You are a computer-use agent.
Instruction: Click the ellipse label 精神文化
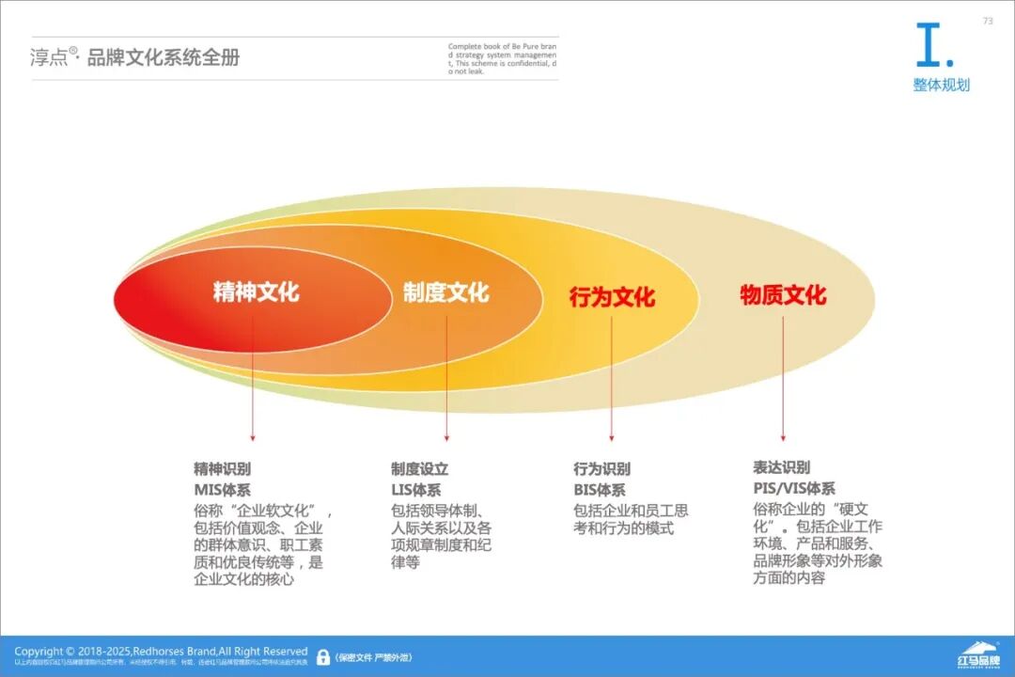pos(256,291)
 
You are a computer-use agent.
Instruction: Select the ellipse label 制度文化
pos(445,292)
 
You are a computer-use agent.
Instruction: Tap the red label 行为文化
pos(612,297)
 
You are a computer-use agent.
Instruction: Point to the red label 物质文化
pos(783,295)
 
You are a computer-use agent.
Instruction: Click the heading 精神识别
pos(222,468)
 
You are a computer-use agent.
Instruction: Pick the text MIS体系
pos(222,490)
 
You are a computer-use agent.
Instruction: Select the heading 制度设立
pos(419,468)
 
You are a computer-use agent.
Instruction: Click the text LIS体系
pos(415,490)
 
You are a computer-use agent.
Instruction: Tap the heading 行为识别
pos(601,468)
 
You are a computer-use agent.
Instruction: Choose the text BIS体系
pos(599,490)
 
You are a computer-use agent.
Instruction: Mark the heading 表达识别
pos(781,467)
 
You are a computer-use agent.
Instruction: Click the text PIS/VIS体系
pos(793,488)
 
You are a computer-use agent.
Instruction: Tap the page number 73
pos(988,21)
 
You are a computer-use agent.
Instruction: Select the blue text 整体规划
pos(941,86)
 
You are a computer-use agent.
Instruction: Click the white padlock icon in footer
pos(323,657)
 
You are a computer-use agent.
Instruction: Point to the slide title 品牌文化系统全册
pos(164,57)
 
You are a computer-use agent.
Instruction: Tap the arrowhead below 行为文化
pos(612,437)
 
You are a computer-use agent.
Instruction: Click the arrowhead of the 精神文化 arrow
pos(253,437)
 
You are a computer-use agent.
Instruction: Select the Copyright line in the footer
pos(161,651)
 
